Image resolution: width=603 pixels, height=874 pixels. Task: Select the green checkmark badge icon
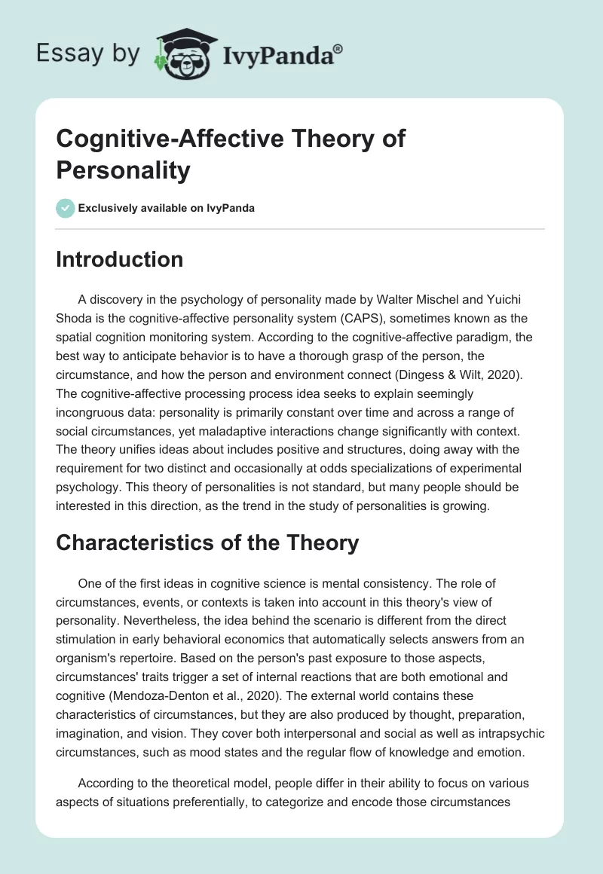click(65, 208)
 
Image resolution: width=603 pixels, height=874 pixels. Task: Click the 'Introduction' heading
click(119, 259)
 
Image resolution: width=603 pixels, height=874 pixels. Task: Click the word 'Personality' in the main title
click(123, 170)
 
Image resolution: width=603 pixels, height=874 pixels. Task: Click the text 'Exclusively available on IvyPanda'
click(165, 209)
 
